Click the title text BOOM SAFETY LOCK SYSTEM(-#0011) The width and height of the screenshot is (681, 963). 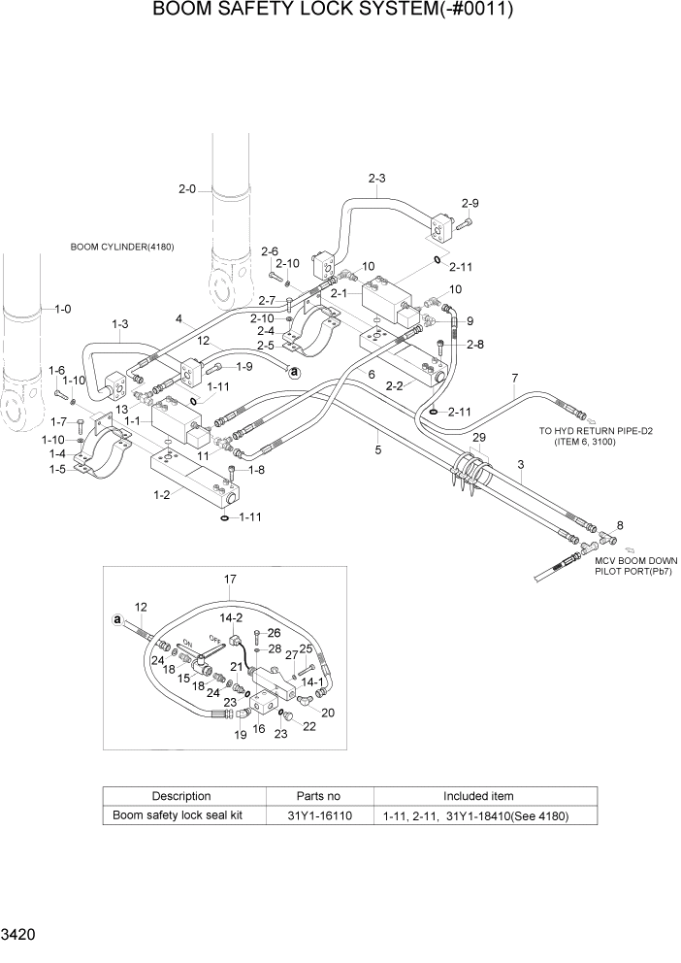[x=333, y=11]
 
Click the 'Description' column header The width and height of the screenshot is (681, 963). [x=180, y=796]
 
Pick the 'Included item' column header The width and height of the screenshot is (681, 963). [x=478, y=796]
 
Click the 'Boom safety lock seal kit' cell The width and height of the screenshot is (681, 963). [x=178, y=815]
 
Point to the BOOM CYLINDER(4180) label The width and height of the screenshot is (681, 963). [x=122, y=247]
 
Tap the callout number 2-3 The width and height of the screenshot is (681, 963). [x=377, y=178]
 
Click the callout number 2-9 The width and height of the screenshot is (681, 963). [x=470, y=203]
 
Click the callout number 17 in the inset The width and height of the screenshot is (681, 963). [x=230, y=580]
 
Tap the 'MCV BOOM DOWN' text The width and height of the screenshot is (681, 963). [x=635, y=560]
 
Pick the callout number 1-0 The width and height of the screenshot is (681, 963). [x=62, y=309]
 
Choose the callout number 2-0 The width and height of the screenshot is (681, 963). [x=187, y=188]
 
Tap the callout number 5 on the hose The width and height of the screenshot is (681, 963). [x=378, y=448]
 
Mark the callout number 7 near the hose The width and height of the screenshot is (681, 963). [x=515, y=377]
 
